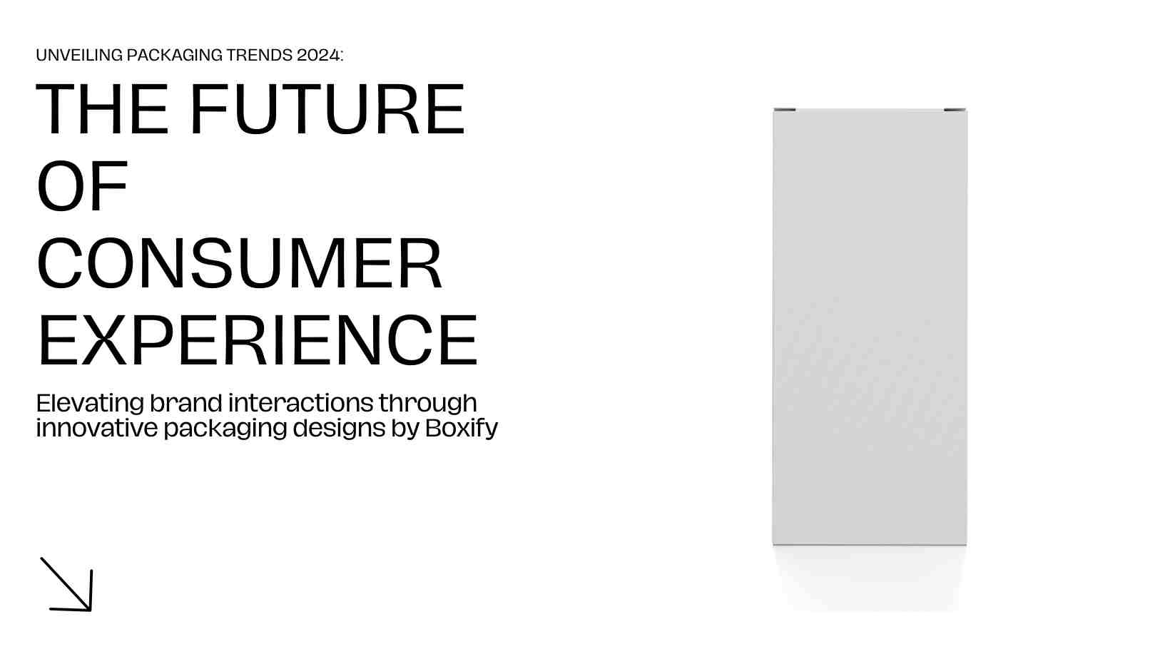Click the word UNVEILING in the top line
pyautogui.click(x=79, y=55)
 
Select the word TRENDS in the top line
pyautogui.click(x=259, y=55)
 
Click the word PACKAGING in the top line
pyautogui.click(x=175, y=55)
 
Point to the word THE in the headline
pyautogui.click(x=102, y=109)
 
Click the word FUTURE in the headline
pyautogui.click(x=327, y=109)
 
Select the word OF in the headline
pyautogui.click(x=82, y=185)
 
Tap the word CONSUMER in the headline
pyautogui.click(x=240, y=262)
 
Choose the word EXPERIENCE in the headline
pyautogui.click(x=258, y=340)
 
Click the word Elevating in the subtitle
pyautogui.click(x=90, y=403)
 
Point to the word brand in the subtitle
pyautogui.click(x=186, y=403)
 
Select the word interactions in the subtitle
pyautogui.click(x=301, y=403)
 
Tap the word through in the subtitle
pyautogui.click(x=428, y=404)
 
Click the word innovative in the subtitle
pyautogui.click(x=96, y=428)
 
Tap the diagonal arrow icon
pyautogui.click(x=66, y=584)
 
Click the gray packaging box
pyautogui.click(x=870, y=327)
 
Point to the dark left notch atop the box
pyautogui.click(x=785, y=109)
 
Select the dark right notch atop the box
pyautogui.click(x=955, y=109)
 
